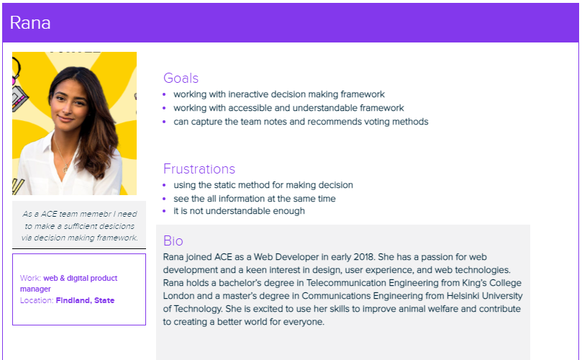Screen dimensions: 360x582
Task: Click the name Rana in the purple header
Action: (30, 23)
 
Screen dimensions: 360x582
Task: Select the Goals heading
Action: (181, 78)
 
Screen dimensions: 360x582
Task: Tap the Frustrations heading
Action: (199, 168)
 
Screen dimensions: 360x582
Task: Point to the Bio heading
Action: (173, 240)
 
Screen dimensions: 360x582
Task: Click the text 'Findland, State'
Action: (85, 300)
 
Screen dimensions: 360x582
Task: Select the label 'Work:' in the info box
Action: (30, 278)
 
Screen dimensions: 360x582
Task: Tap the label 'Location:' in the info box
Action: (37, 300)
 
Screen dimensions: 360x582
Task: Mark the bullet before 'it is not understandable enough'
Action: (164, 211)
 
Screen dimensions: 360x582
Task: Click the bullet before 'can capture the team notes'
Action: (164, 122)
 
